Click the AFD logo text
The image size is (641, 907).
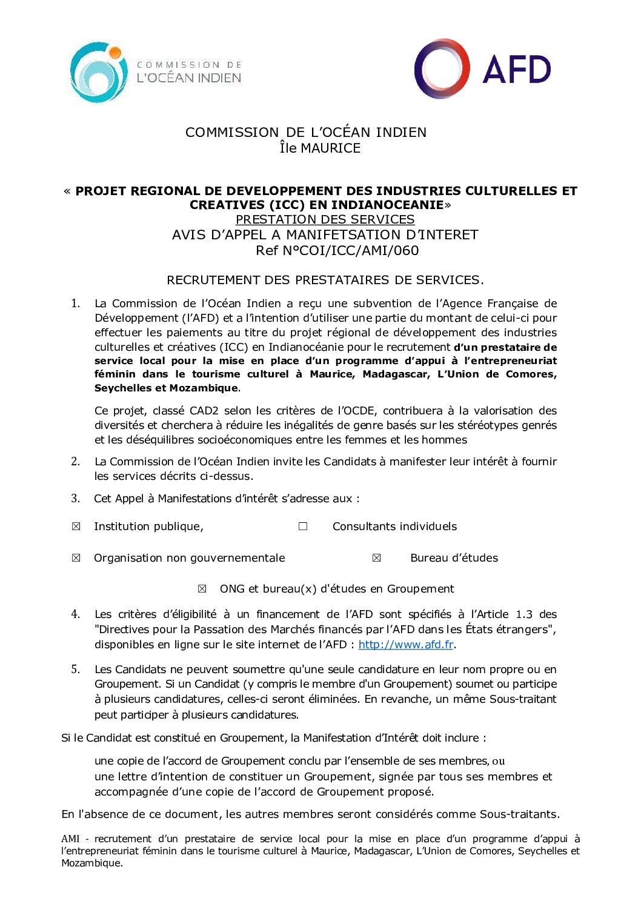point(516,69)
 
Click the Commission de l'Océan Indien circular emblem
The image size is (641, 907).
point(99,71)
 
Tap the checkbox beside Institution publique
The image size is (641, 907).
point(76,527)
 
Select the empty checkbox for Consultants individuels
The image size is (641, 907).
point(303,527)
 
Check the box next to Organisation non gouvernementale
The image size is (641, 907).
point(76,558)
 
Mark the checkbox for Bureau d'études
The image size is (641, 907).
point(376,558)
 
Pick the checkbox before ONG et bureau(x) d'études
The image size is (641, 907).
point(202,589)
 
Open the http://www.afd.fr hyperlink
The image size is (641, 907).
point(406,645)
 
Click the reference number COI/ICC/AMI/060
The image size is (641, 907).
point(337,251)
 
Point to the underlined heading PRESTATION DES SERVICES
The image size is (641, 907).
point(325,219)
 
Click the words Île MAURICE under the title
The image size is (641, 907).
point(320,148)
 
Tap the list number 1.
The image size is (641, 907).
point(75,303)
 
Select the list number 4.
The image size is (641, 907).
point(75,614)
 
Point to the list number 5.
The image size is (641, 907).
point(75,669)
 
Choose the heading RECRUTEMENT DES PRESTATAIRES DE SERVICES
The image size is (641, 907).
point(325,280)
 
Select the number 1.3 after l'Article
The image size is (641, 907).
point(524,614)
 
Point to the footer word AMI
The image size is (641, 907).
point(70,839)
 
